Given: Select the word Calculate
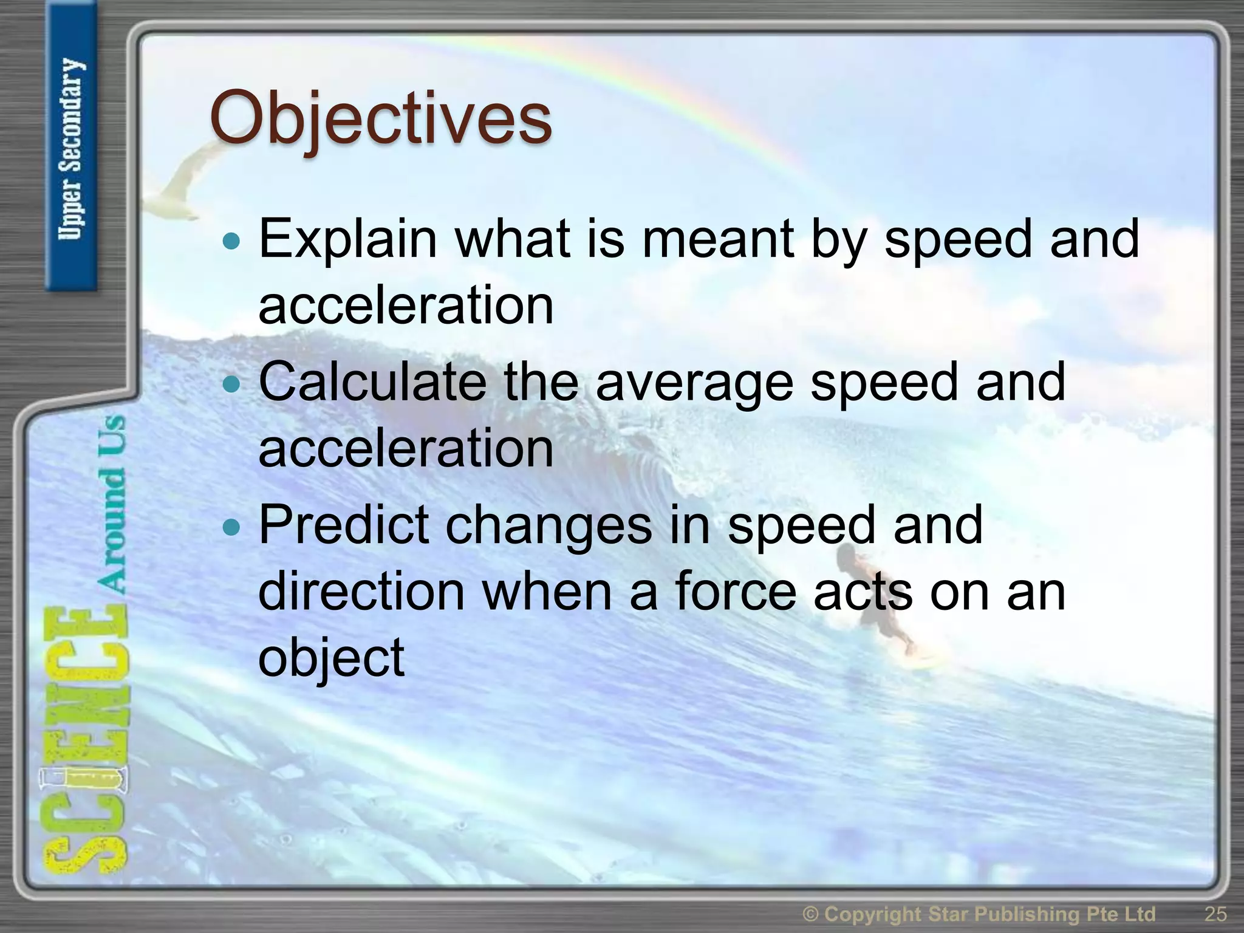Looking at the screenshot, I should pyautogui.click(x=372, y=381).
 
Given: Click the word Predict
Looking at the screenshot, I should pyautogui.click(x=344, y=524).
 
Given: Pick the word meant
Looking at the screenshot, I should pyautogui.click(x=718, y=239).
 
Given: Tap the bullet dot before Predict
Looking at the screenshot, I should pyautogui.click(x=231, y=527).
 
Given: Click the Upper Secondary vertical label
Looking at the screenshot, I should pyautogui.click(x=71, y=149).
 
